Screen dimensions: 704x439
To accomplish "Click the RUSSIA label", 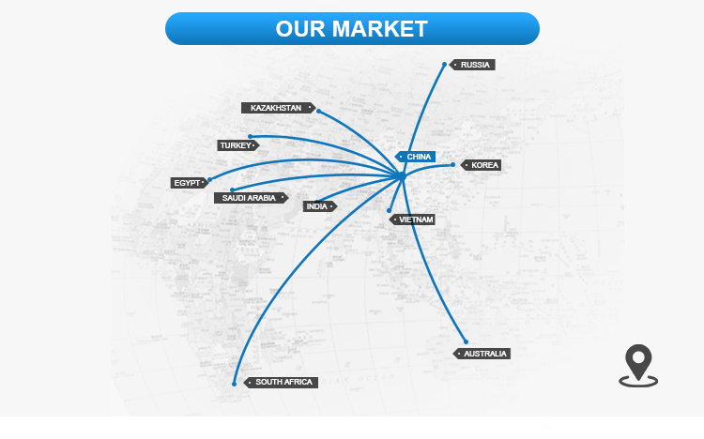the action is [472, 65].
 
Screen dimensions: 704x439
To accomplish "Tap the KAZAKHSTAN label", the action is [279, 108].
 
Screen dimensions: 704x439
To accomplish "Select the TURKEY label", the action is [238, 145].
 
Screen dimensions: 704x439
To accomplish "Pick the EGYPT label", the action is [190, 183].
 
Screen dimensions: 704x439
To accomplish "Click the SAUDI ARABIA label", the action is [251, 198].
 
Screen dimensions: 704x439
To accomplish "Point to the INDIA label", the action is [320, 206].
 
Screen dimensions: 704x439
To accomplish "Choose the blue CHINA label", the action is [415, 157].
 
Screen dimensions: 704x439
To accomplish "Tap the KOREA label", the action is [481, 165].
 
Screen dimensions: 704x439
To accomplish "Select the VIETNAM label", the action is [412, 219].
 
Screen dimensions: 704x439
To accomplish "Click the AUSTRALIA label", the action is [482, 354].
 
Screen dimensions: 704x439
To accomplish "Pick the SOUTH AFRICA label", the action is [281, 382].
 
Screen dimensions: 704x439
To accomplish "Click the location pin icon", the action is [638, 366].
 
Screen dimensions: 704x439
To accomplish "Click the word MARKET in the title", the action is [379, 29].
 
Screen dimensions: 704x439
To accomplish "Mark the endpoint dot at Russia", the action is [445, 64].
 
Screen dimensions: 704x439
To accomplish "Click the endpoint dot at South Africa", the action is [234, 384].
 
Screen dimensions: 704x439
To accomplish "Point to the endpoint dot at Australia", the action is [466, 341].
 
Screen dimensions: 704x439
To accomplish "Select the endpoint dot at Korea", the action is [452, 165].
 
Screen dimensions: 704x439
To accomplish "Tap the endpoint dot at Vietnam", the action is [389, 210].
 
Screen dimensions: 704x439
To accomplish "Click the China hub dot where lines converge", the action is [402, 176].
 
